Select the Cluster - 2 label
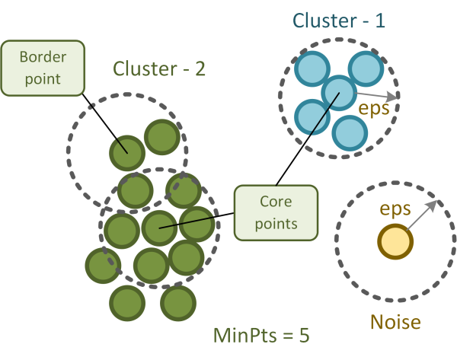[x=158, y=68]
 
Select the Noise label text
[x=395, y=322]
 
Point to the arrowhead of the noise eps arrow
[x=433, y=203]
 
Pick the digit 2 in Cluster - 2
[x=199, y=68]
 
